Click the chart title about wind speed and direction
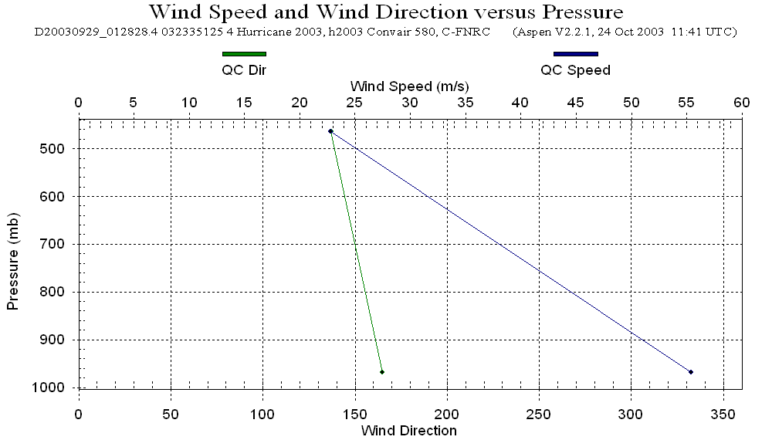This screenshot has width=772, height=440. (385, 12)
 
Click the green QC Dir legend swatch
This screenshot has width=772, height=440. (244, 54)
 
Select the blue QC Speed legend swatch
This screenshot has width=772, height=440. (575, 54)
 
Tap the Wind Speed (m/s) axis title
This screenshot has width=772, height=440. (409, 85)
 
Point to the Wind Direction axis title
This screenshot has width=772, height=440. (409, 431)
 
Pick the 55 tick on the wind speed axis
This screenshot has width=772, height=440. (686, 103)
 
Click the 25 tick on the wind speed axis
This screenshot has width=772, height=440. (354, 103)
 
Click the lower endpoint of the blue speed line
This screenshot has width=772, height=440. (691, 372)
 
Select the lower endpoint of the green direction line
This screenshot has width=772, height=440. (382, 372)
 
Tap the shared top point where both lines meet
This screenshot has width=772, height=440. (330, 131)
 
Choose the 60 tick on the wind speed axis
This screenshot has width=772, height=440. (742, 103)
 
